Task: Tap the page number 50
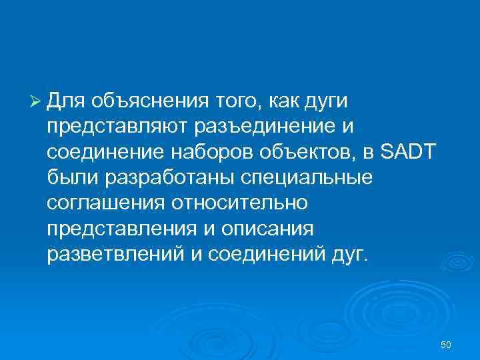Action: pyautogui.click(x=446, y=344)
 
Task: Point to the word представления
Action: pyautogui.click(x=119, y=227)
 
